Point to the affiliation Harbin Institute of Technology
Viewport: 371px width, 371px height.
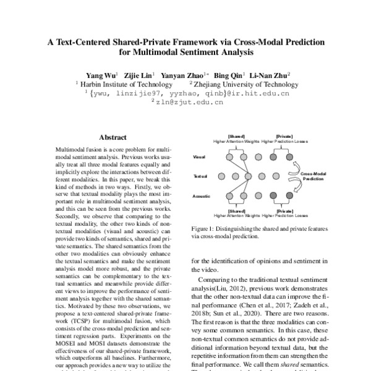(x=114, y=82)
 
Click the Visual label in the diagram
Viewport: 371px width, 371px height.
(x=200, y=156)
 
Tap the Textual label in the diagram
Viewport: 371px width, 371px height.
(x=200, y=176)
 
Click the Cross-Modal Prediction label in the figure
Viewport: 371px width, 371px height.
(x=313, y=177)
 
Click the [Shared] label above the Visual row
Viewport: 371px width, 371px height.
(x=237, y=135)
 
